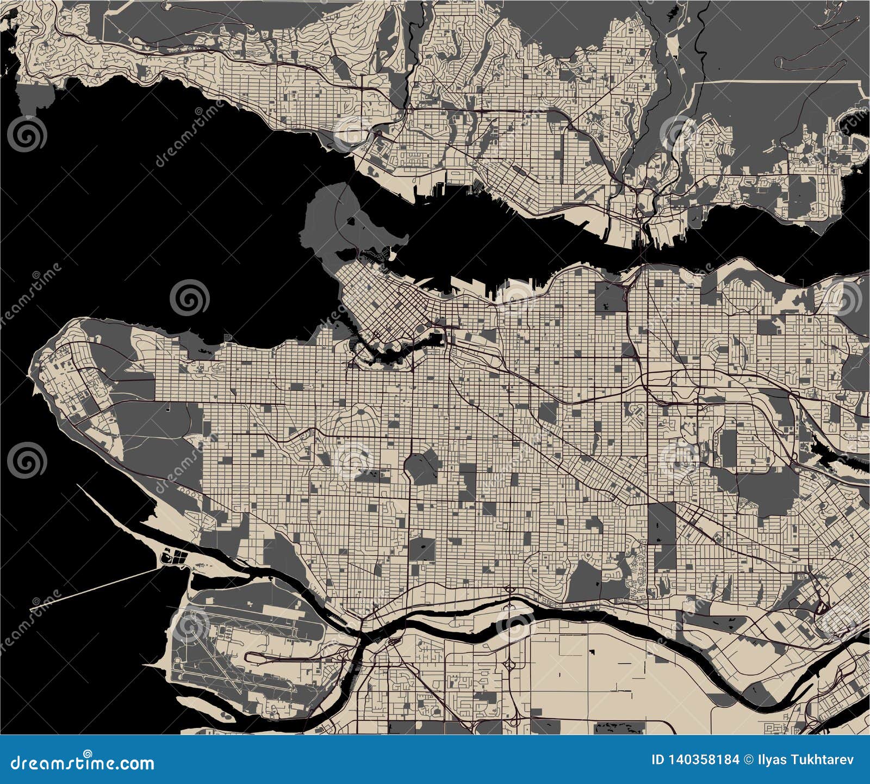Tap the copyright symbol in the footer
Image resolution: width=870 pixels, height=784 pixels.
(x=749, y=760)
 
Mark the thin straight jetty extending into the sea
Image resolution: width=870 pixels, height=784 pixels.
(x=98, y=585)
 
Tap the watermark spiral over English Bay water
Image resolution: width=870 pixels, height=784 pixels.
(x=189, y=298)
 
